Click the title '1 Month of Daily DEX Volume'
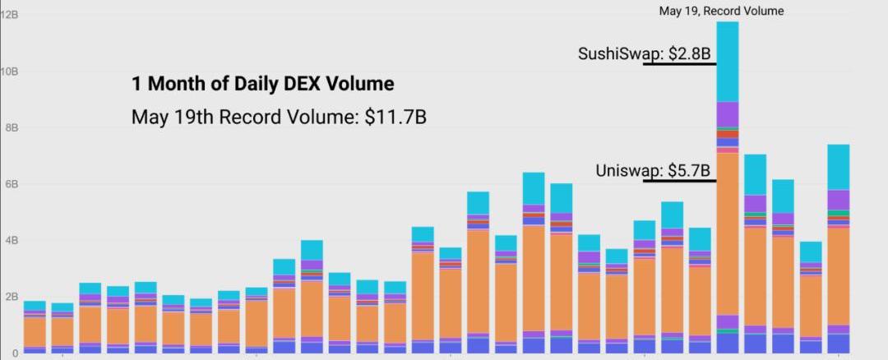pos(262,84)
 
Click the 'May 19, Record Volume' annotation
pos(721,12)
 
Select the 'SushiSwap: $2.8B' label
pos(645,54)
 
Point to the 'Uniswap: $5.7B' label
pos(652,171)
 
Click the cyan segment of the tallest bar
pos(728,62)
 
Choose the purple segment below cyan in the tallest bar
pos(728,113)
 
